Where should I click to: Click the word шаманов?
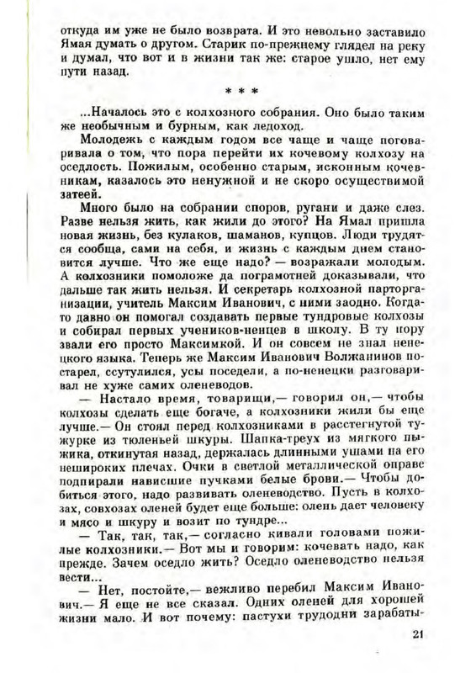click(223, 235)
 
